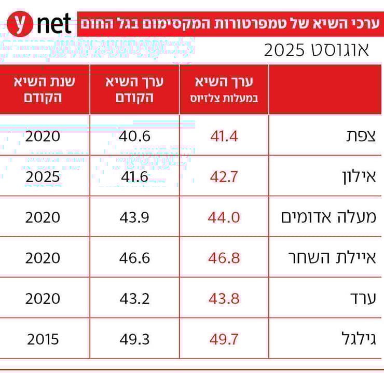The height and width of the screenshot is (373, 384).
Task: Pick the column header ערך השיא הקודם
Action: [x=134, y=89]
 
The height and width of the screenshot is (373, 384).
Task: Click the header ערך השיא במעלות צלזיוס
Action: [x=224, y=89]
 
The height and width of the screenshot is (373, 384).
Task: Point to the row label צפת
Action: [x=358, y=136]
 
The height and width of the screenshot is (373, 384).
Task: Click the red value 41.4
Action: [x=224, y=136]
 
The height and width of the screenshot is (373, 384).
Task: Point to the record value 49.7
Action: [x=224, y=339]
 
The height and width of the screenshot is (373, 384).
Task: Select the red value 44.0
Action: [x=224, y=217]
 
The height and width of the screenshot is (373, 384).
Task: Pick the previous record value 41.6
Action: [x=134, y=176]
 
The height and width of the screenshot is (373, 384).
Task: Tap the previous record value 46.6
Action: [x=134, y=257]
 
